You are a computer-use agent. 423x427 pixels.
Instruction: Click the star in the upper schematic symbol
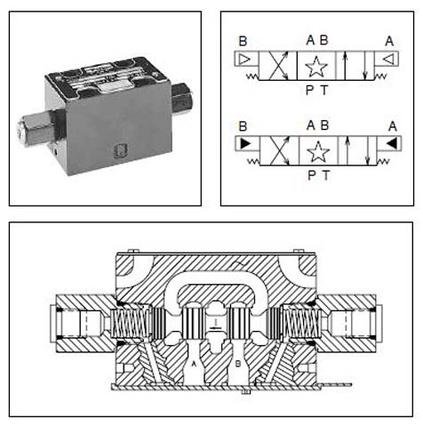coord(316,66)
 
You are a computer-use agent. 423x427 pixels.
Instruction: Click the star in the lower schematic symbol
coord(318,151)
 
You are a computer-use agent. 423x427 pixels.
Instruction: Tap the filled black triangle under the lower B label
coord(245,144)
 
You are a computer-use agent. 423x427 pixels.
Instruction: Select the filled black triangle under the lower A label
coord(392,144)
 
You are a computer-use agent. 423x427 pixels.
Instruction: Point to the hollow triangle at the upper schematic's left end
coord(244,60)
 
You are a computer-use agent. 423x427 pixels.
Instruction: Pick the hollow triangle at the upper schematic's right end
coord(388,60)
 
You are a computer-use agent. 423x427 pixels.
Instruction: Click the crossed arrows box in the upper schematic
coord(278,66)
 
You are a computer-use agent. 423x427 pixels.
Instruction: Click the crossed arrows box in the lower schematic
coord(279,151)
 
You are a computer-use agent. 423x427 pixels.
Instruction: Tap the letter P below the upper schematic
coord(310,90)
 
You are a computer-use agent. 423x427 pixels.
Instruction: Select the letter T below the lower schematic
coord(326,175)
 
